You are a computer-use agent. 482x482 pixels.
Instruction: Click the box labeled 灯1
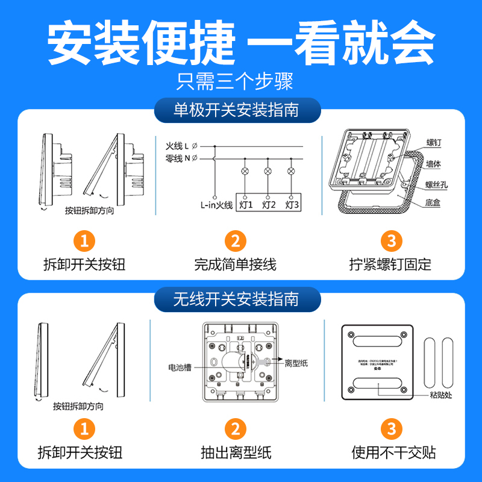pyautogui.click(x=245, y=205)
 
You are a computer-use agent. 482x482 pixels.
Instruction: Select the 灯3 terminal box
pyautogui.click(x=292, y=205)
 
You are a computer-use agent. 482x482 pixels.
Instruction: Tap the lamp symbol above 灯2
pyautogui.click(x=268, y=172)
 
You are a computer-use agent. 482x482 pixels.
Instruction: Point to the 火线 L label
pyautogui.click(x=178, y=146)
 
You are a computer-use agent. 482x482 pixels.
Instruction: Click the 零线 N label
pyautogui.click(x=178, y=158)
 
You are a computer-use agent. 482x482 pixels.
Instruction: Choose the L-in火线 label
pyautogui.click(x=216, y=205)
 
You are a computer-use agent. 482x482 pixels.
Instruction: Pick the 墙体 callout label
pyautogui.click(x=434, y=163)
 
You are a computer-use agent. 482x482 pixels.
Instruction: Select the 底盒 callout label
pyautogui.click(x=433, y=204)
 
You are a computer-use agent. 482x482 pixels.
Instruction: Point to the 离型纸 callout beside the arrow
pyautogui.click(x=296, y=363)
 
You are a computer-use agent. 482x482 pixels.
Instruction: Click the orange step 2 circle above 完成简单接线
pyautogui.click(x=236, y=242)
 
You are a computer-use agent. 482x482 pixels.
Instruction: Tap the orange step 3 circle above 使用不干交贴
pyautogui.click(x=392, y=429)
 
